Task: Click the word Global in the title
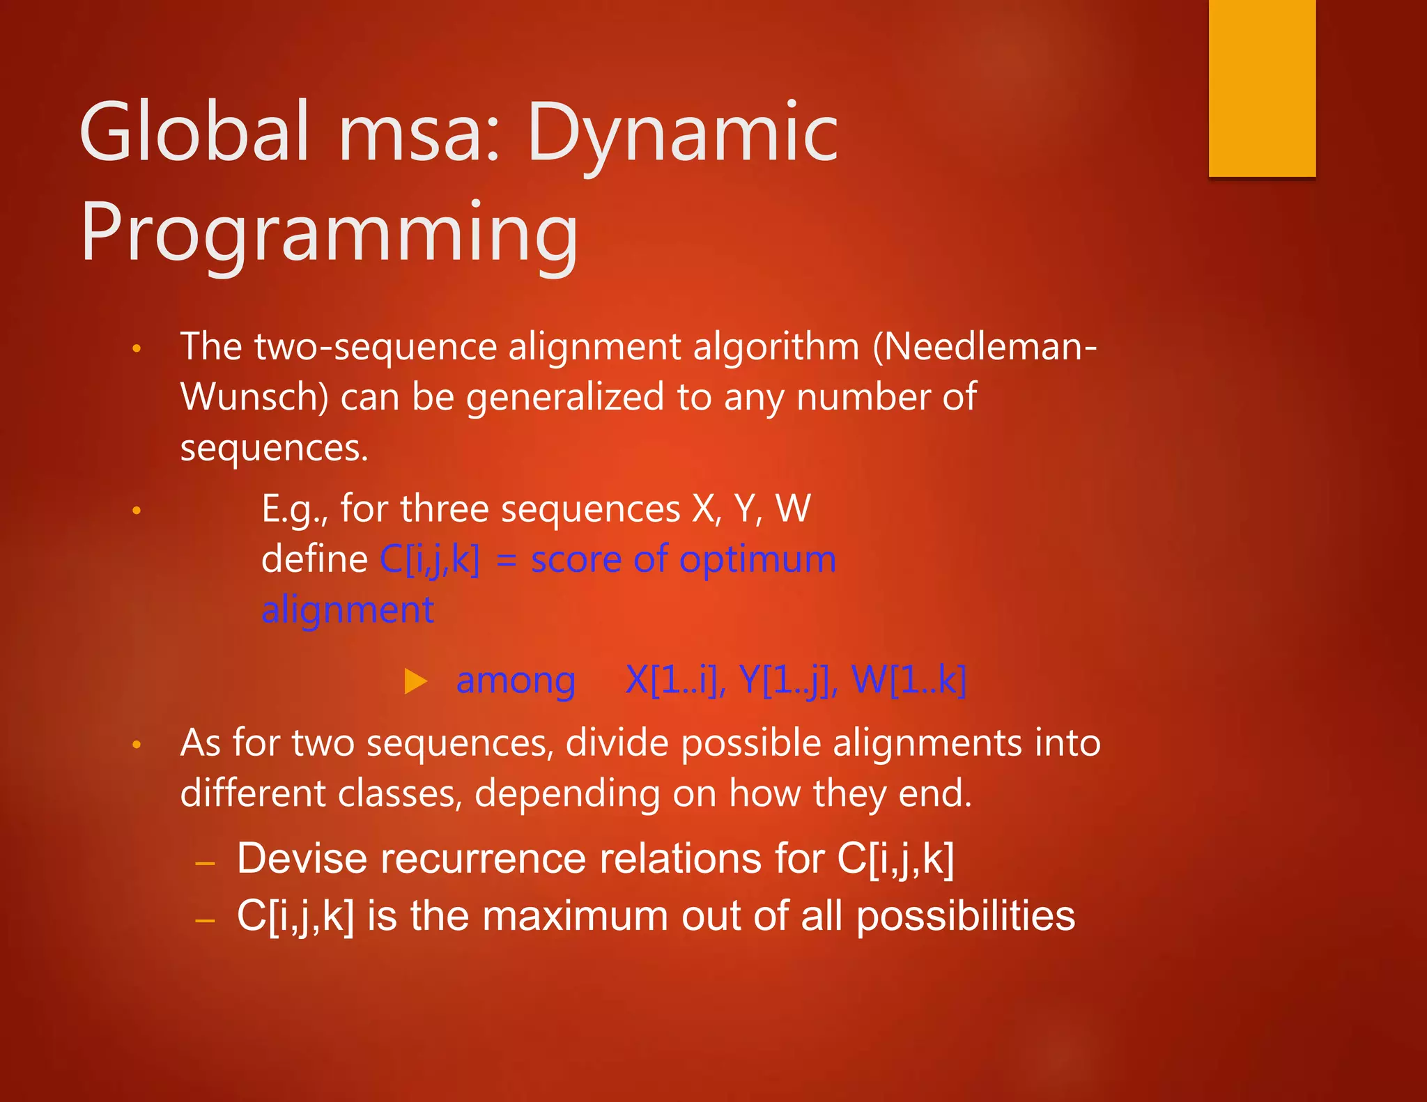(194, 132)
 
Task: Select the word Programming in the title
(329, 233)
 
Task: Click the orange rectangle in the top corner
(1261, 88)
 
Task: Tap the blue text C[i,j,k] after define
(430, 560)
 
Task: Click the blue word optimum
(757, 560)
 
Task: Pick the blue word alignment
(347, 610)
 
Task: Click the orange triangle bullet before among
(415, 681)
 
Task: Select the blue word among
(516, 681)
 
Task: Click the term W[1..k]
(909, 680)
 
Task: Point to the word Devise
(302, 858)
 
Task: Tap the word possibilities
(965, 917)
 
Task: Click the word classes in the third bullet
(399, 793)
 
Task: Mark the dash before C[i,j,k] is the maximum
(205, 921)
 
